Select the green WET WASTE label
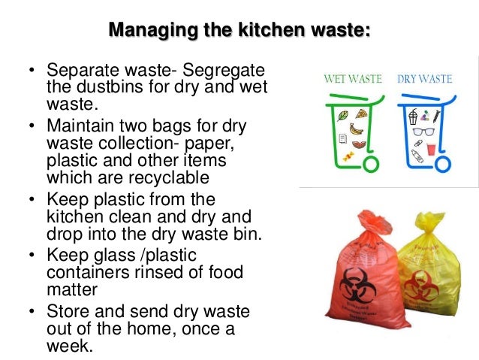[354, 78]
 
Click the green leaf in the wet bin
[342, 115]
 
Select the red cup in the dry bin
[432, 148]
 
